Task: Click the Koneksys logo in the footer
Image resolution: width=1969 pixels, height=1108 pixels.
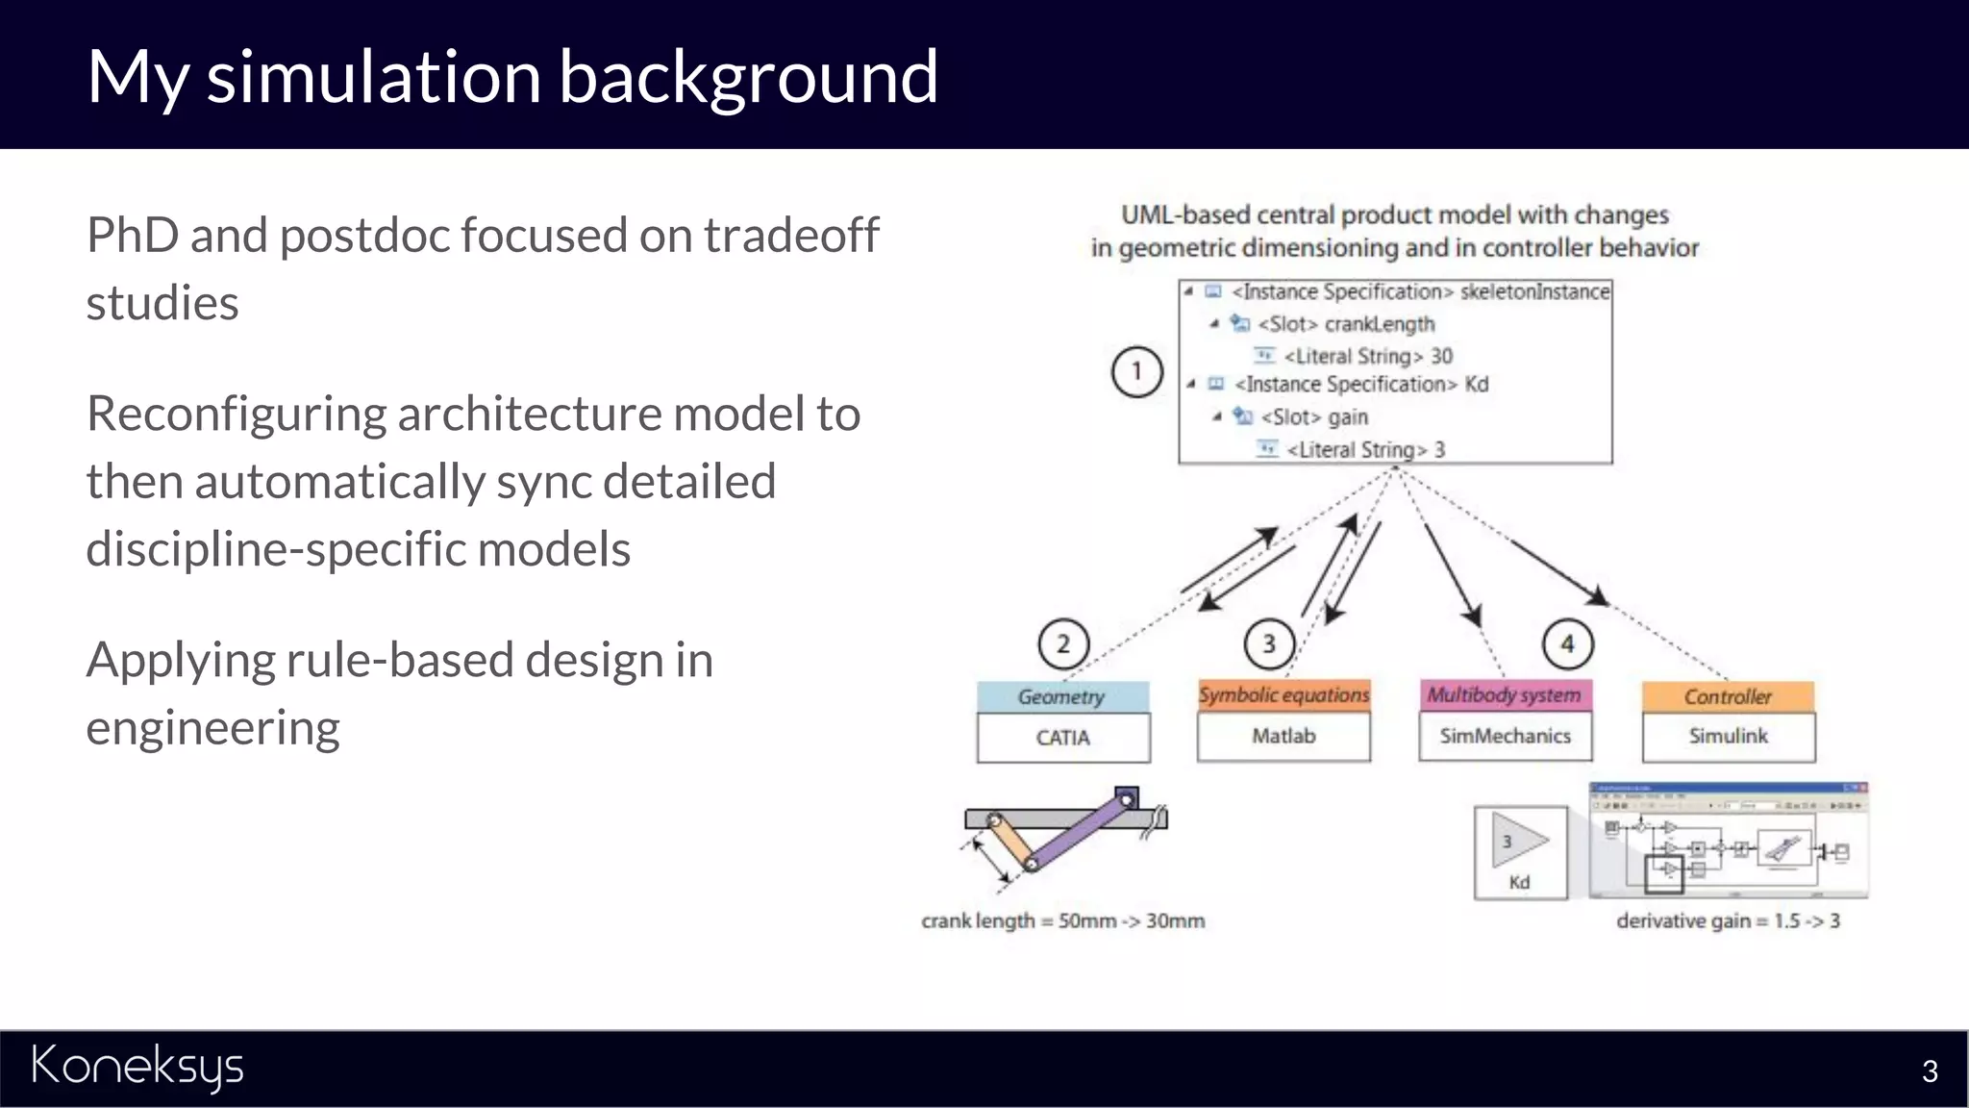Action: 137,1067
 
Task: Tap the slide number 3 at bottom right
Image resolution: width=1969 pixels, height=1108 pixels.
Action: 1929,1071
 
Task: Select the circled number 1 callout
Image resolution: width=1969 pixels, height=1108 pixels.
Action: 1136,372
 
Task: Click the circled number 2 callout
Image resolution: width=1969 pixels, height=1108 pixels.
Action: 1063,643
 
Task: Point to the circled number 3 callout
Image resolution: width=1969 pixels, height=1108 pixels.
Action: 1269,643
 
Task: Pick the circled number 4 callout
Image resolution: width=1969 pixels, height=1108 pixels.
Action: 1567,643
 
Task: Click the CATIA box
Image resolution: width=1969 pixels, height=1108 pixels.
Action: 1063,738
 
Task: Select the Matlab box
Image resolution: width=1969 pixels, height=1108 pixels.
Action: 1284,737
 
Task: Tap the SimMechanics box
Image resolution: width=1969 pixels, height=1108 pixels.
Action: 1505,737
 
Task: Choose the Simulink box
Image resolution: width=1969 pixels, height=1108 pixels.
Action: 1728,737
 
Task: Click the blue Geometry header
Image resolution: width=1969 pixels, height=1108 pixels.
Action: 1062,696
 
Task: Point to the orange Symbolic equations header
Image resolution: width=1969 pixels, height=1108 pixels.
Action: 1284,694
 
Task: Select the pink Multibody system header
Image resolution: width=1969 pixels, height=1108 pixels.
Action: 1505,694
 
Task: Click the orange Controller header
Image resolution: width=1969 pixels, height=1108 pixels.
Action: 1728,696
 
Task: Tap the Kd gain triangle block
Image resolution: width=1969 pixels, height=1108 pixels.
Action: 1519,843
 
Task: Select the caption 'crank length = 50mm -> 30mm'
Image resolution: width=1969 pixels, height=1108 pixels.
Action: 1062,920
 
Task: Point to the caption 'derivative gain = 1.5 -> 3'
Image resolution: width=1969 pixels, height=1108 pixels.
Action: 1728,920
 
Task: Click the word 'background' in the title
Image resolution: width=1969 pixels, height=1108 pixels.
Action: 748,77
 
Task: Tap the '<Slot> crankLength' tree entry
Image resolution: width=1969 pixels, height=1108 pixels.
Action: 1346,324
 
